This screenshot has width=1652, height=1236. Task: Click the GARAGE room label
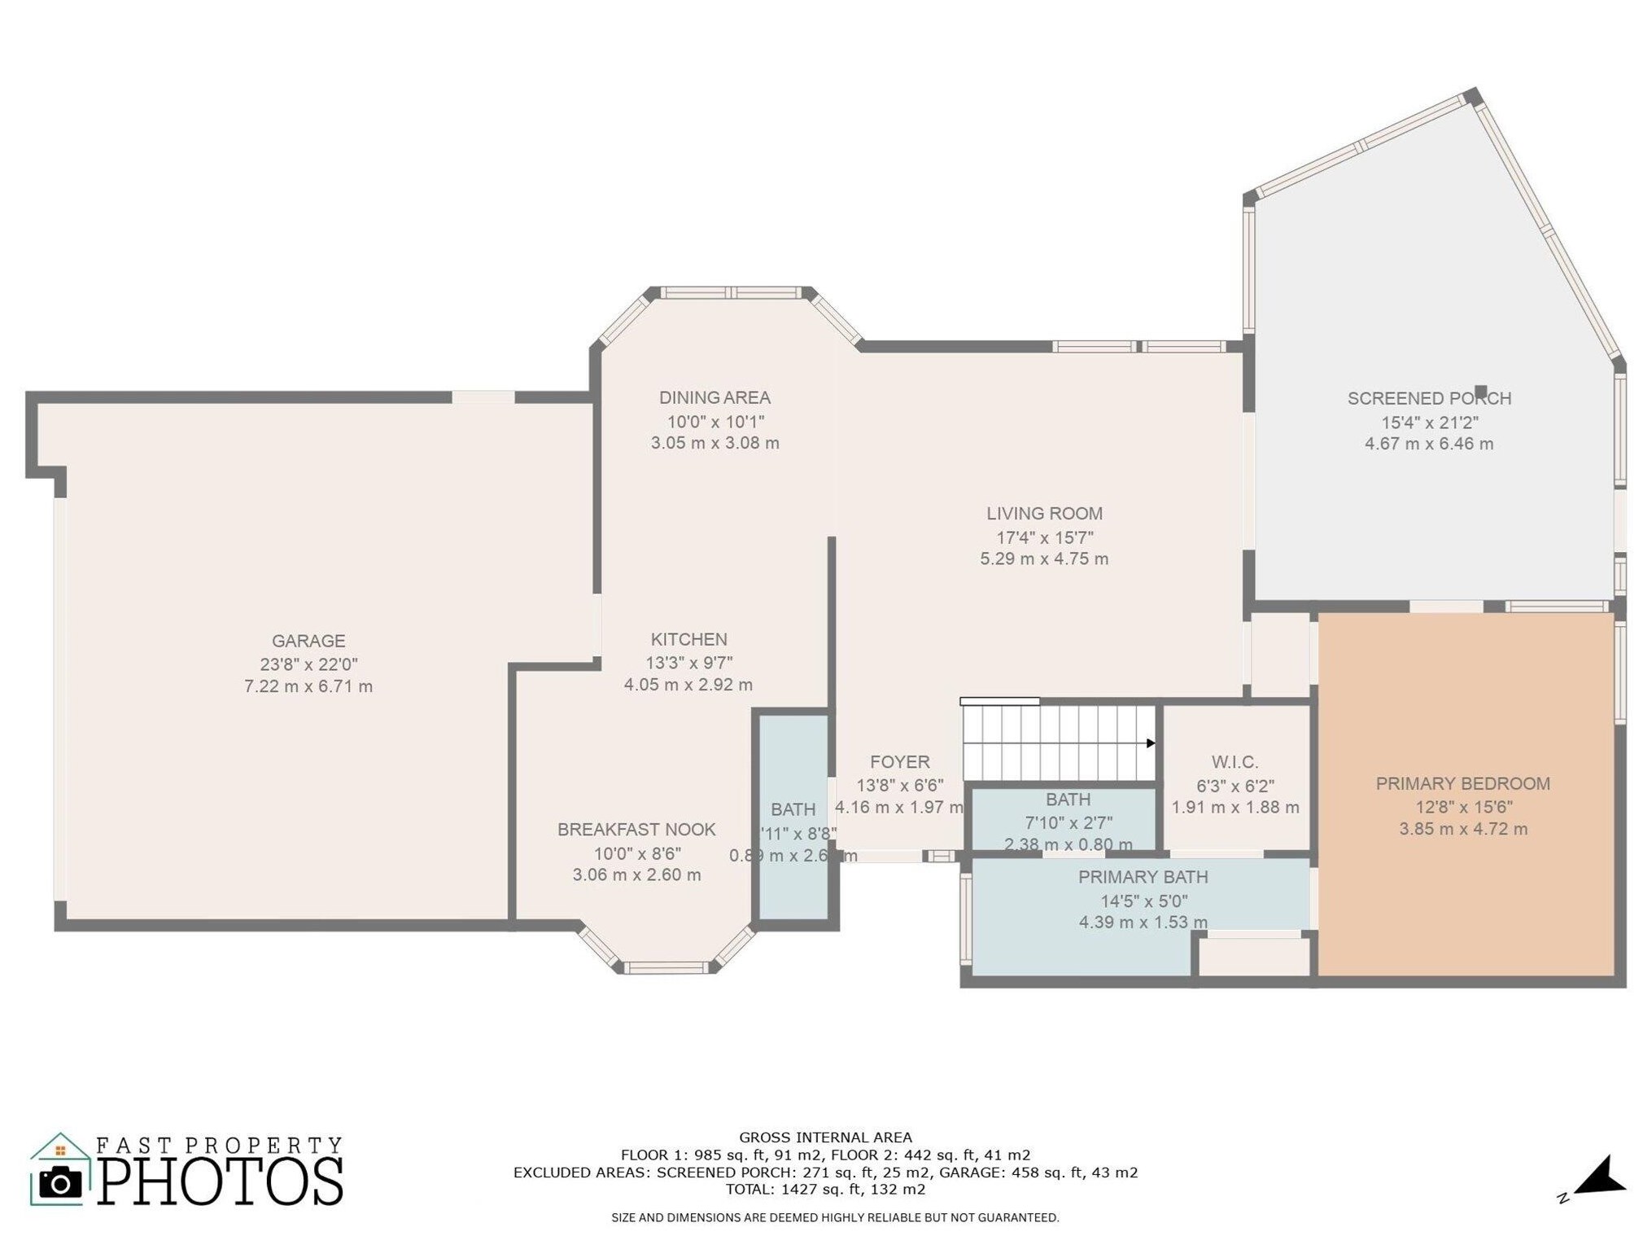pyautogui.click(x=308, y=641)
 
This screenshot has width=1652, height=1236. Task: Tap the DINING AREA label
pyautogui.click(x=715, y=397)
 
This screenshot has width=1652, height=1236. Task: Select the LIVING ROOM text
pyautogui.click(x=1044, y=513)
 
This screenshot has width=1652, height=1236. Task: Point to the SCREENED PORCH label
pyautogui.click(x=1428, y=398)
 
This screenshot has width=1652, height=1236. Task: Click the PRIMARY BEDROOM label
pyautogui.click(x=1462, y=783)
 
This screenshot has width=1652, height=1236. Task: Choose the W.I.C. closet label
pyautogui.click(x=1235, y=762)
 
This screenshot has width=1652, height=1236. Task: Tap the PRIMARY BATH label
pyautogui.click(x=1143, y=877)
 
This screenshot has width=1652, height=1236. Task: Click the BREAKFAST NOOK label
pyautogui.click(x=636, y=829)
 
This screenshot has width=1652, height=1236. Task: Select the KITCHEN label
pyautogui.click(x=688, y=639)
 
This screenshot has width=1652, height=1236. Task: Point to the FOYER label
pyautogui.click(x=899, y=761)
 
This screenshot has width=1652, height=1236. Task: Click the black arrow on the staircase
pyautogui.click(x=1151, y=743)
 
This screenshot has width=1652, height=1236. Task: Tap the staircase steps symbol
pyautogui.click(x=1058, y=743)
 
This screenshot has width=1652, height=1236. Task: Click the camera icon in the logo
pyautogui.click(x=60, y=1181)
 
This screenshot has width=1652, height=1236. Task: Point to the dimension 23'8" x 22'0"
pyautogui.click(x=308, y=664)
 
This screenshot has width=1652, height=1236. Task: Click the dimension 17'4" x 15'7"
pyautogui.click(x=1044, y=537)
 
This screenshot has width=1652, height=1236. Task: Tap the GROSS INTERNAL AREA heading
pyautogui.click(x=825, y=1137)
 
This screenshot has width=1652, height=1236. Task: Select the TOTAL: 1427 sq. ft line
pyautogui.click(x=825, y=1189)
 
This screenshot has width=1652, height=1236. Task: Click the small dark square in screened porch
pyautogui.click(x=1480, y=391)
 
